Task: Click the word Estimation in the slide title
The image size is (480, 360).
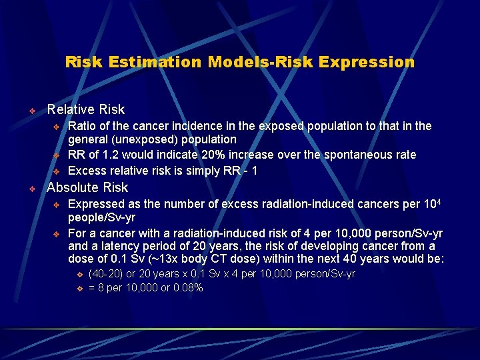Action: click(x=147, y=62)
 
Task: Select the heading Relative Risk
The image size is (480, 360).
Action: click(x=85, y=109)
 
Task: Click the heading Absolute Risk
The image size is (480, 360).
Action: click(x=87, y=187)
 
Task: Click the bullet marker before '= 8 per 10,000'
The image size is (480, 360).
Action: click(x=79, y=289)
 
